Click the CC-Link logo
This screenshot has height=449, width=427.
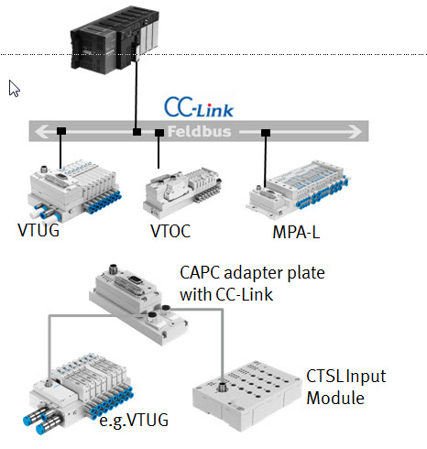click(199, 107)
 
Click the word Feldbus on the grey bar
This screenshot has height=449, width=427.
click(199, 132)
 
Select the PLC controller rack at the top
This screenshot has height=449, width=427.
click(115, 39)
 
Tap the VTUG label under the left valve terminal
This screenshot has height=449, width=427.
click(38, 230)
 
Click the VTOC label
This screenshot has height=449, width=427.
click(170, 231)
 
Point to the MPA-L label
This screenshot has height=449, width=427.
click(296, 232)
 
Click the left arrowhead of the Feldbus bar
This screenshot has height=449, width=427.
click(41, 132)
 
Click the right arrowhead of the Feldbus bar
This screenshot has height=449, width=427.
click(356, 132)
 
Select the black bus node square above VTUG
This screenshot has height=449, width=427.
click(61, 131)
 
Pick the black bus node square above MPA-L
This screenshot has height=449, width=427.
click(266, 133)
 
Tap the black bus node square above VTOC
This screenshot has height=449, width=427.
click(159, 133)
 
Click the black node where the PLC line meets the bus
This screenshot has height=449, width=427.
click(137, 132)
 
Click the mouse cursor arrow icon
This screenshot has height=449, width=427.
click(14, 89)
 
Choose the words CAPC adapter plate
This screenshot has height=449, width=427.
click(252, 272)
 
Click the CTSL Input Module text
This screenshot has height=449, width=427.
click(346, 387)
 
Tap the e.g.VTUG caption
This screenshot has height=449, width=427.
click(134, 421)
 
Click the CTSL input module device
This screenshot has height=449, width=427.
click(246, 396)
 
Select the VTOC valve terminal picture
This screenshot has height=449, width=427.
click(182, 192)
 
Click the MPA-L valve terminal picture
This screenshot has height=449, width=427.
click(298, 190)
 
